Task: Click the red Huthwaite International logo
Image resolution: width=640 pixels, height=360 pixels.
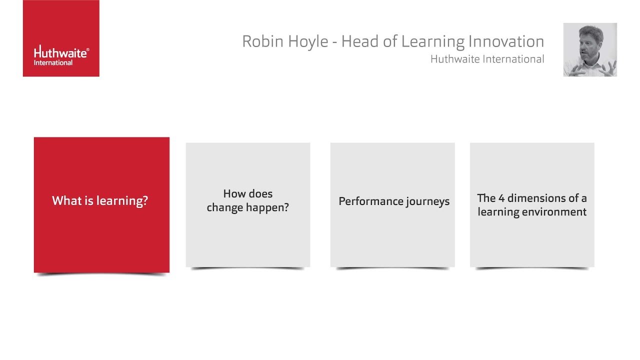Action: [61, 38]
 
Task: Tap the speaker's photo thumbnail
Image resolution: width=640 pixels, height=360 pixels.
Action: [590, 49]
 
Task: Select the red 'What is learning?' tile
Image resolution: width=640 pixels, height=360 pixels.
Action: [101, 205]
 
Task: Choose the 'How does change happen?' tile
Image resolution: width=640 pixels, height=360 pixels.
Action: [248, 205]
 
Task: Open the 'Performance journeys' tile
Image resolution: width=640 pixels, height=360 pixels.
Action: [392, 205]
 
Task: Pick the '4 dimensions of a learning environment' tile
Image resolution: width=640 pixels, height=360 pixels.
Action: [532, 205]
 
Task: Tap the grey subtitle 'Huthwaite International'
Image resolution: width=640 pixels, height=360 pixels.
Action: [487, 59]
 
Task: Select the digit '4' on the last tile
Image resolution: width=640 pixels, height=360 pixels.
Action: [501, 198]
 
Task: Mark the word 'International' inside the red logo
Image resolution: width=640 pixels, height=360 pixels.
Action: [53, 63]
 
